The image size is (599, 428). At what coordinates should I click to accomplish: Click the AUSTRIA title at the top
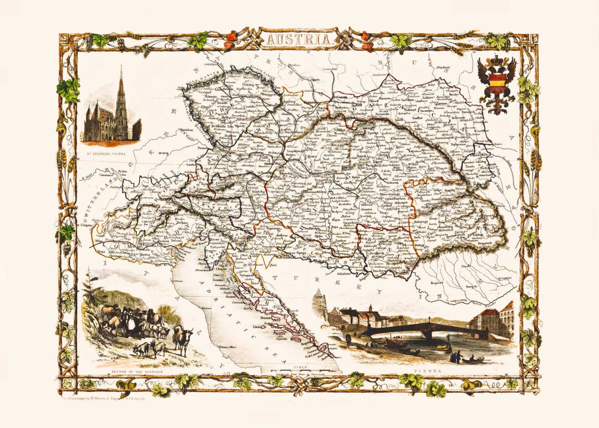click(299, 40)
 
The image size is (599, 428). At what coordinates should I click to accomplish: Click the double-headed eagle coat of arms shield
click(496, 80)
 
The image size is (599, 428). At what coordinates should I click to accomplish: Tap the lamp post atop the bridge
click(429, 320)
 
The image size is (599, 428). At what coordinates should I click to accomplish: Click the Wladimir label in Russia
click(444, 68)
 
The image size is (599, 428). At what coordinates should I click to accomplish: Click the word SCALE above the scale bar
click(302, 367)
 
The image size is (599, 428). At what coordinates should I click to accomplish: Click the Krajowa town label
click(437, 282)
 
